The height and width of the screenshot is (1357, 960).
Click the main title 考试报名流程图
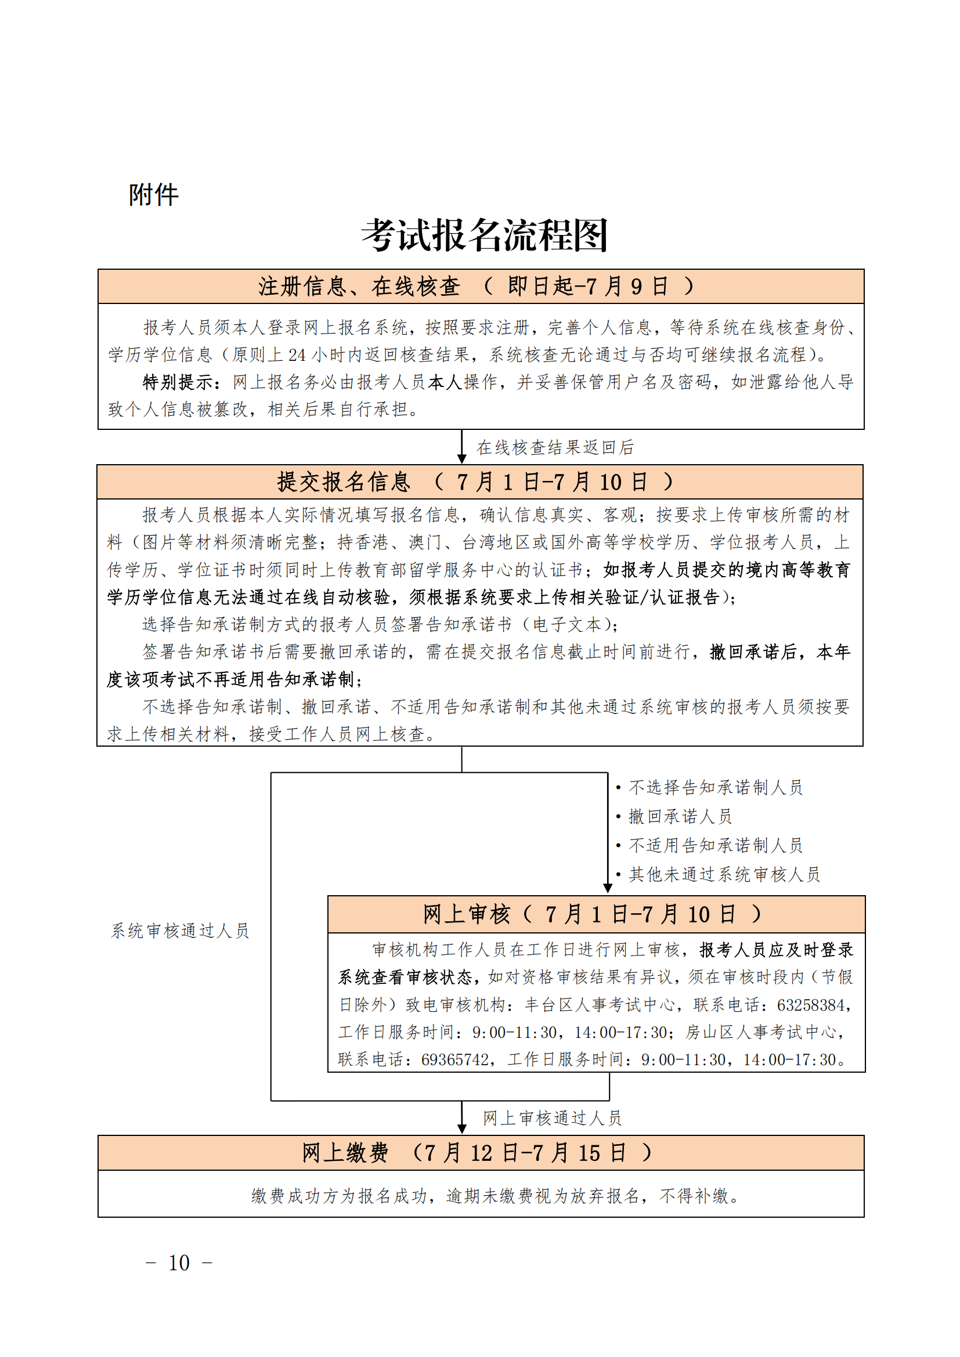484,235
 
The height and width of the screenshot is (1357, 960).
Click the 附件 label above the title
153,194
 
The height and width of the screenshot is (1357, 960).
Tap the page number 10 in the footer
179,1263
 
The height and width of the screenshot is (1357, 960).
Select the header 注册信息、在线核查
358,287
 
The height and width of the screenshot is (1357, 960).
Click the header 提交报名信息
344,482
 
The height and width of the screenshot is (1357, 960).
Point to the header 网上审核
466,914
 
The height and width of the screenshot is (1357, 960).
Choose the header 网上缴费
345,1153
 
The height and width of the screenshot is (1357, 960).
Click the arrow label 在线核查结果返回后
555,447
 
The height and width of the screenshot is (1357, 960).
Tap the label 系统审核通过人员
181,931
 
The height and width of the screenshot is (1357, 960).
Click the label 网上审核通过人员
552,1117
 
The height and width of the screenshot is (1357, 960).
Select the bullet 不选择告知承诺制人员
715,787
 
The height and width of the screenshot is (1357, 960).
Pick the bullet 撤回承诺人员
680,816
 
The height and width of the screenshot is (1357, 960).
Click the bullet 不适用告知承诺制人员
715,845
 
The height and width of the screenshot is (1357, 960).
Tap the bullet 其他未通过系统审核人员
724,874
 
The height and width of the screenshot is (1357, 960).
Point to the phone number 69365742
455,1060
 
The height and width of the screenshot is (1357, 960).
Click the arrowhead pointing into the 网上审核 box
608,888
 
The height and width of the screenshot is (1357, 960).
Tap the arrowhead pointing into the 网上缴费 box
462,1128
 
